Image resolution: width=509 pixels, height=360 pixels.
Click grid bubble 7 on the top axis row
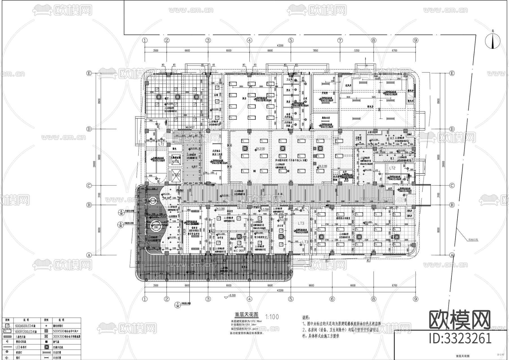pos(340,40)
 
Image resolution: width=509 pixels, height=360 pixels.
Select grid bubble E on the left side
pos(89,73)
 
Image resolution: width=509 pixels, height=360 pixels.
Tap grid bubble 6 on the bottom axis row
pos(332,299)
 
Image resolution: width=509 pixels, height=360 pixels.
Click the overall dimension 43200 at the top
pos(280,45)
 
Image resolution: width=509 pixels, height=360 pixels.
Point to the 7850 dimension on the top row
pos(315,51)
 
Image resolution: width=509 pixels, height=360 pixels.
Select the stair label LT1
pos(161,144)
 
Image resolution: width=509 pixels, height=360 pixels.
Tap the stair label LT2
pos(392,168)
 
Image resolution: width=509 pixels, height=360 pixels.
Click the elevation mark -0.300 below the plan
pos(232,295)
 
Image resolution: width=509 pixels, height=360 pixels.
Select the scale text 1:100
pos(272,317)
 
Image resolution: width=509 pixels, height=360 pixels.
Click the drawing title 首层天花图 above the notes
pos(247,314)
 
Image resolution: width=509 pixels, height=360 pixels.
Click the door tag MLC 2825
pos(239,251)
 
